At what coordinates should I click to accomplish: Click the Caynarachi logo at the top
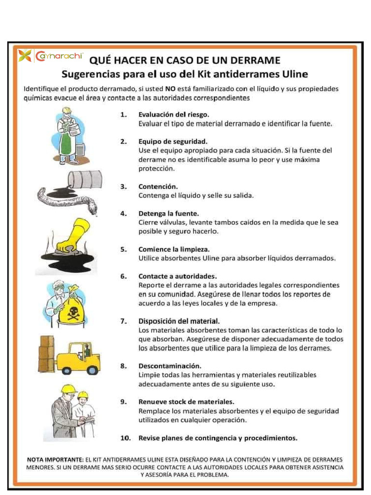coord(52,56)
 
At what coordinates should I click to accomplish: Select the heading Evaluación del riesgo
coord(173,115)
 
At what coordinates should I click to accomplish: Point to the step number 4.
coord(123,213)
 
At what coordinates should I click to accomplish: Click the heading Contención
coord(158,186)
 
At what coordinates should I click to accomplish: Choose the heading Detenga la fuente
coord(168,213)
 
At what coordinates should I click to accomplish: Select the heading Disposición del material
coord(179,321)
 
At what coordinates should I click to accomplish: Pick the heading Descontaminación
coord(170,366)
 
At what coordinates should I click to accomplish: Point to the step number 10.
coord(126,438)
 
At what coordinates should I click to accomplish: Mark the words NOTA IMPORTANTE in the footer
coord(55,459)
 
